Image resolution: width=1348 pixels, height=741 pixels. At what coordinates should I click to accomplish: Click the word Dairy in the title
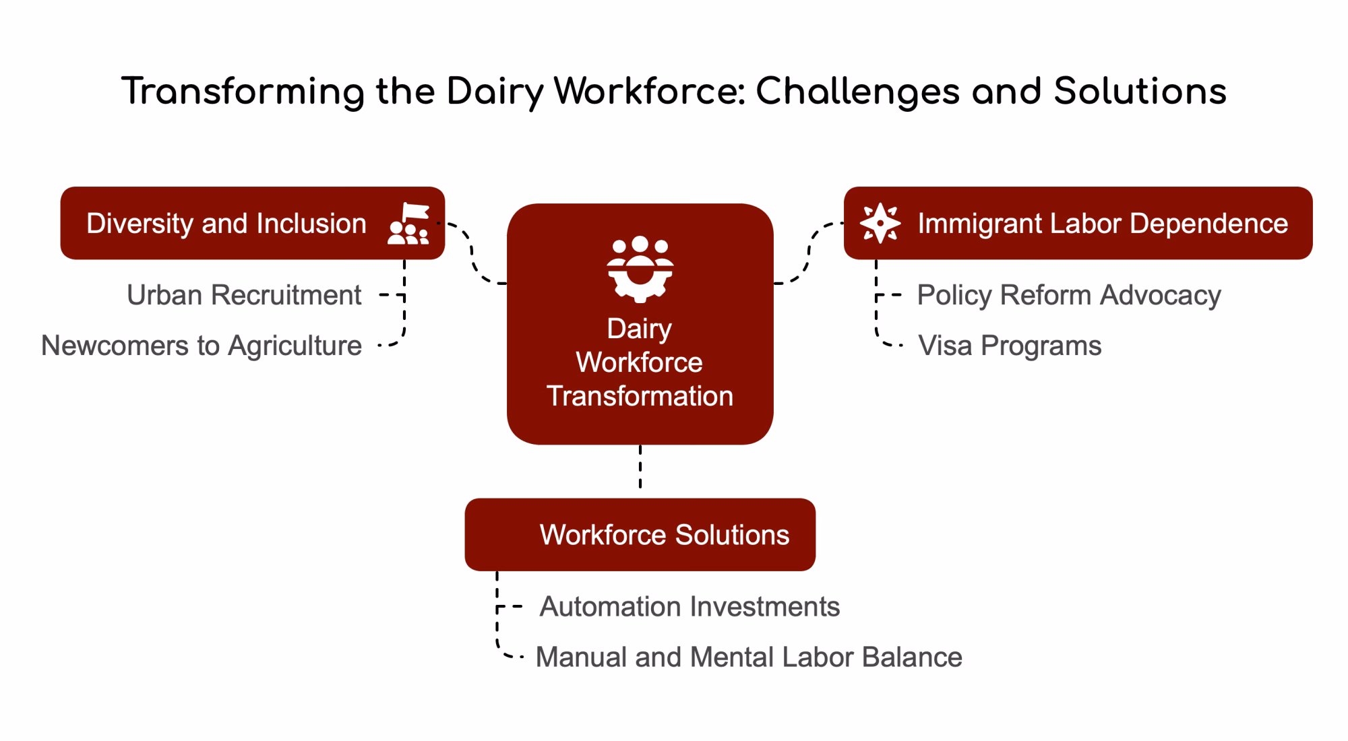(494, 92)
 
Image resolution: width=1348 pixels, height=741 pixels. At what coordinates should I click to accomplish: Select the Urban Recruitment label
(244, 295)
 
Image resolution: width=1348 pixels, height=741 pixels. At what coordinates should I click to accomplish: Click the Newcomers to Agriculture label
(202, 346)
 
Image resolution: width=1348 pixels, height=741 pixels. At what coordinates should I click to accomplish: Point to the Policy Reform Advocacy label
(1069, 295)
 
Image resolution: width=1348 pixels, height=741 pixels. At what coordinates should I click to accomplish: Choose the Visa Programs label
(1010, 346)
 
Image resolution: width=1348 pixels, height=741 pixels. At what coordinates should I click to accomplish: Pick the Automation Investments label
(690, 607)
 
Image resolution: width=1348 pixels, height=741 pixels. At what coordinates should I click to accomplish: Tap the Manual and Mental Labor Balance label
(749, 657)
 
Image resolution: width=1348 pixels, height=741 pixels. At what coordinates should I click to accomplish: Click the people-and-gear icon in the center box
(640, 269)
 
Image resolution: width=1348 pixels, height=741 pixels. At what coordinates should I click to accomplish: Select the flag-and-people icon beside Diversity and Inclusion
(408, 223)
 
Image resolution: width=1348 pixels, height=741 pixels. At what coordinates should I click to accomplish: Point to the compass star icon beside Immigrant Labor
(880, 223)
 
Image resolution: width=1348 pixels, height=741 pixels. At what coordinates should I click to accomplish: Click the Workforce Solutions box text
(665, 535)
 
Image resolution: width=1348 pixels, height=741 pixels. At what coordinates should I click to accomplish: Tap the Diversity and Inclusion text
(226, 223)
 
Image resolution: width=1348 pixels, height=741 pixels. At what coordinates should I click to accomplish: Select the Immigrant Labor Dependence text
(1103, 223)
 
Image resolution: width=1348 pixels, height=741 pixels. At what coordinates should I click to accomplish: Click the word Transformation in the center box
(640, 396)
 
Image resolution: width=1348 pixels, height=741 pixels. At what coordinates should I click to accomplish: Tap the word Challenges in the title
(857, 92)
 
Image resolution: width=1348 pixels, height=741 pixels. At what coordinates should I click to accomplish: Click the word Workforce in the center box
(640, 362)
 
